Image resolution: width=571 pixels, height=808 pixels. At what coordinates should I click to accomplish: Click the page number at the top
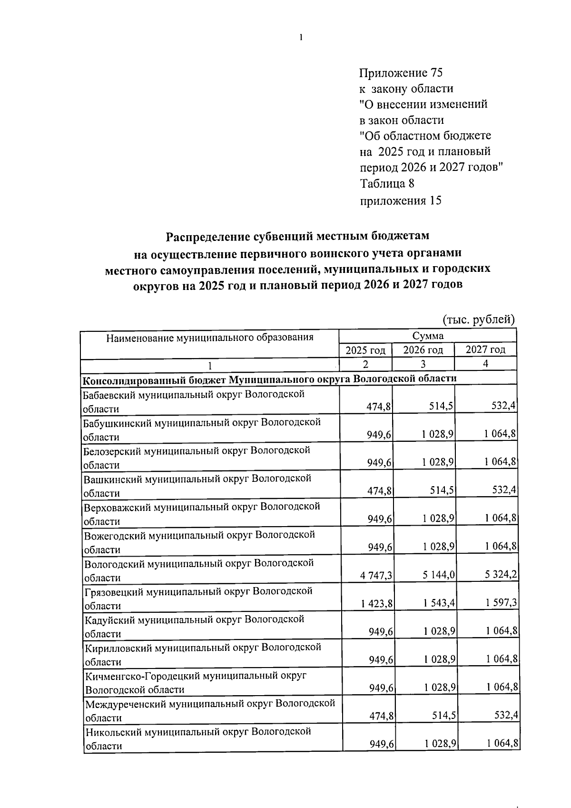pos(302,38)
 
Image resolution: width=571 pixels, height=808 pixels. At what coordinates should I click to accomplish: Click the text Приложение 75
pos(401,73)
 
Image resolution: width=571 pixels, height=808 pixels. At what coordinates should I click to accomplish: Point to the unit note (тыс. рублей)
pos(479,319)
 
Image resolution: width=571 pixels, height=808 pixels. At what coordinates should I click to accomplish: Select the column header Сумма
pos(428,336)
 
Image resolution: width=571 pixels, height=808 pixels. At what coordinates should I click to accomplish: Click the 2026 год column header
pos(423,350)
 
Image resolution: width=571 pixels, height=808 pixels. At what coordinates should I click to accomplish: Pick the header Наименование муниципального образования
pos(210,338)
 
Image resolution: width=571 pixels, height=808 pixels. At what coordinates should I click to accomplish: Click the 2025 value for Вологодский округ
pos(376,576)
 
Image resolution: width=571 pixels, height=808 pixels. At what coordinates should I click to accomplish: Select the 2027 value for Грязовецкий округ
pos(501,604)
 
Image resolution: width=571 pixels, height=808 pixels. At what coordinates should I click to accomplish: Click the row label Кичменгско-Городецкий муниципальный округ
pos(195,682)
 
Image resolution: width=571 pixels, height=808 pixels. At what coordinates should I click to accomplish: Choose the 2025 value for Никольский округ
pos(381,744)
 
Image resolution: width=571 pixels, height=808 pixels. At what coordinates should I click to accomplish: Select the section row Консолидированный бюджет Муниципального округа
pos(270,379)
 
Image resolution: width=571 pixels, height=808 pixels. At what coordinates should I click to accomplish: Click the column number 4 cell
pos(485,364)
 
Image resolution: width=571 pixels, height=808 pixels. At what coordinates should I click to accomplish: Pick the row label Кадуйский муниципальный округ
pos(194,626)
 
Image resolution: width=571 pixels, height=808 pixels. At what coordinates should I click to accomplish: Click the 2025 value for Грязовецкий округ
pos(377,604)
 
